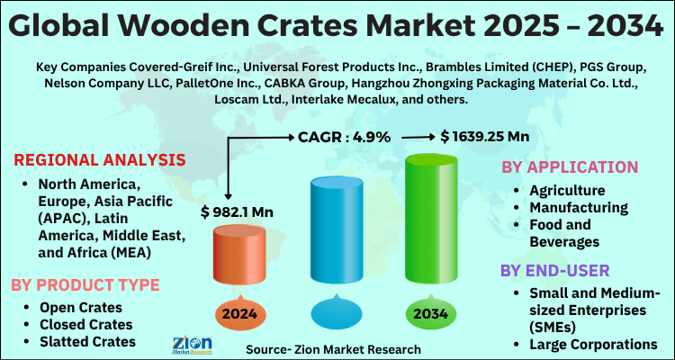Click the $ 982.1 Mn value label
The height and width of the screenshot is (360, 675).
[x=238, y=212]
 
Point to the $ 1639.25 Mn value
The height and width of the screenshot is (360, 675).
[x=484, y=137]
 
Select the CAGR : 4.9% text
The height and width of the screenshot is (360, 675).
[x=345, y=137]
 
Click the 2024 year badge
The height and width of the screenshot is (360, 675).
[x=239, y=314]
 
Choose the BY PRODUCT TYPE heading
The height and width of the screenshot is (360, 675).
[x=85, y=284]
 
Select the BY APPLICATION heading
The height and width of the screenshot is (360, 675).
[x=569, y=167]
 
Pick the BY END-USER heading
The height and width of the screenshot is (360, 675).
[x=555, y=270]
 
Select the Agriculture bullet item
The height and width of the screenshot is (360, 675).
[x=567, y=191]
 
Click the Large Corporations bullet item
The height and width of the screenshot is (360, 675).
[x=595, y=343]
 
